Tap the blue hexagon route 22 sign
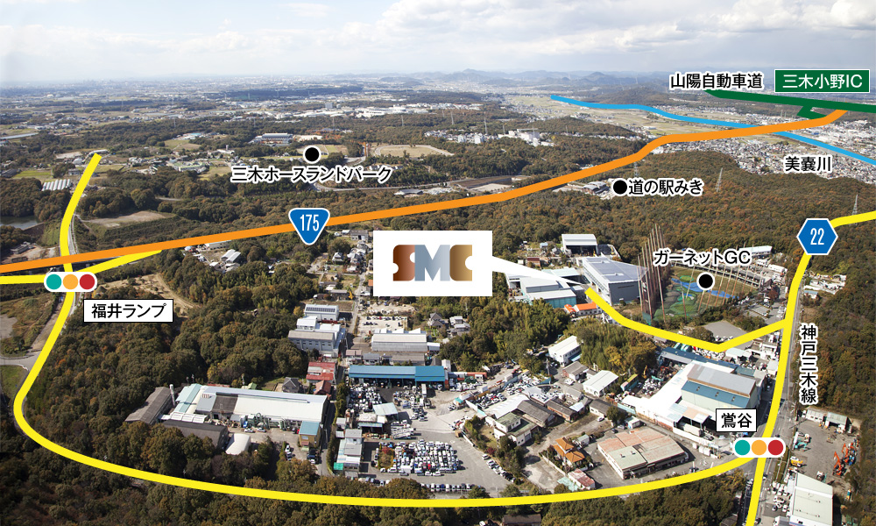pos(816,237)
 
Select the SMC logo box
pos(433,263)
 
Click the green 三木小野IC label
pos(823,81)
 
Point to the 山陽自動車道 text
pos(717,82)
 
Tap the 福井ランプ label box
pos(129,311)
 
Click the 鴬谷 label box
pos(736,421)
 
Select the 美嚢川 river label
pos(808,164)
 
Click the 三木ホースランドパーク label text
pos(312,175)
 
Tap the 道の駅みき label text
pos(666,188)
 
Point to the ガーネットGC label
pos(702,258)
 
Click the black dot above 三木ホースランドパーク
pos(312,153)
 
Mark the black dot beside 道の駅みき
pos(619,188)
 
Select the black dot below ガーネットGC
pos(706,281)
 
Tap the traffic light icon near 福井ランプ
pos(70,281)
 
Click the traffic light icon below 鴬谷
pos(759,447)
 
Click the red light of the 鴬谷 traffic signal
pos(775,447)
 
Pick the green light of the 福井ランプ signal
pos(53,281)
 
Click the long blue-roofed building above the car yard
pos(397,374)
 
